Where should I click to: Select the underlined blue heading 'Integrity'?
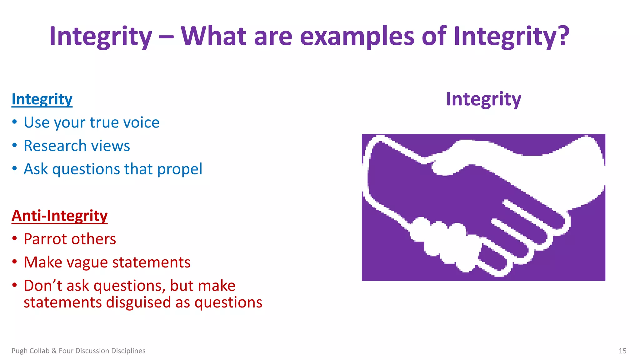[x=42, y=99]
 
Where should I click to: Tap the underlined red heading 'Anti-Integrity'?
[x=59, y=216]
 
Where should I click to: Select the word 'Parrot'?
[x=43, y=239]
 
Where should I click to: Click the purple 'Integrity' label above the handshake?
[x=483, y=99]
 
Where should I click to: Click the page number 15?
[x=622, y=351]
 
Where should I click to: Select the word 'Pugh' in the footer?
[x=19, y=351]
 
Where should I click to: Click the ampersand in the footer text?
[x=54, y=351]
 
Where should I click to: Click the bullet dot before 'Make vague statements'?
[x=14, y=262]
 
